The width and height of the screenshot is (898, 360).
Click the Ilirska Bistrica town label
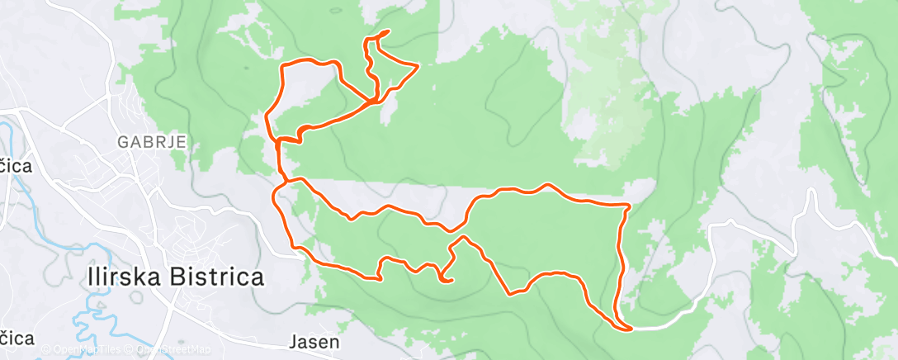175,277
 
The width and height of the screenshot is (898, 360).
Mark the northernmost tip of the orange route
385,32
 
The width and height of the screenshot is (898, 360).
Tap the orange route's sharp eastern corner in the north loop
418,65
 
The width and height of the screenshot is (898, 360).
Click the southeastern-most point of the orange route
629,329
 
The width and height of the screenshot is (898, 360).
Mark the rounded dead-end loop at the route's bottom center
448,280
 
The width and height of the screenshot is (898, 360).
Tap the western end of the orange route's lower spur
380,278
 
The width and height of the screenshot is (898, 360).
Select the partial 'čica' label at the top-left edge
15,167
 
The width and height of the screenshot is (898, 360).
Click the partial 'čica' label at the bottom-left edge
17,338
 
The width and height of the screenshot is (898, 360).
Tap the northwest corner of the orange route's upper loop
284,65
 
